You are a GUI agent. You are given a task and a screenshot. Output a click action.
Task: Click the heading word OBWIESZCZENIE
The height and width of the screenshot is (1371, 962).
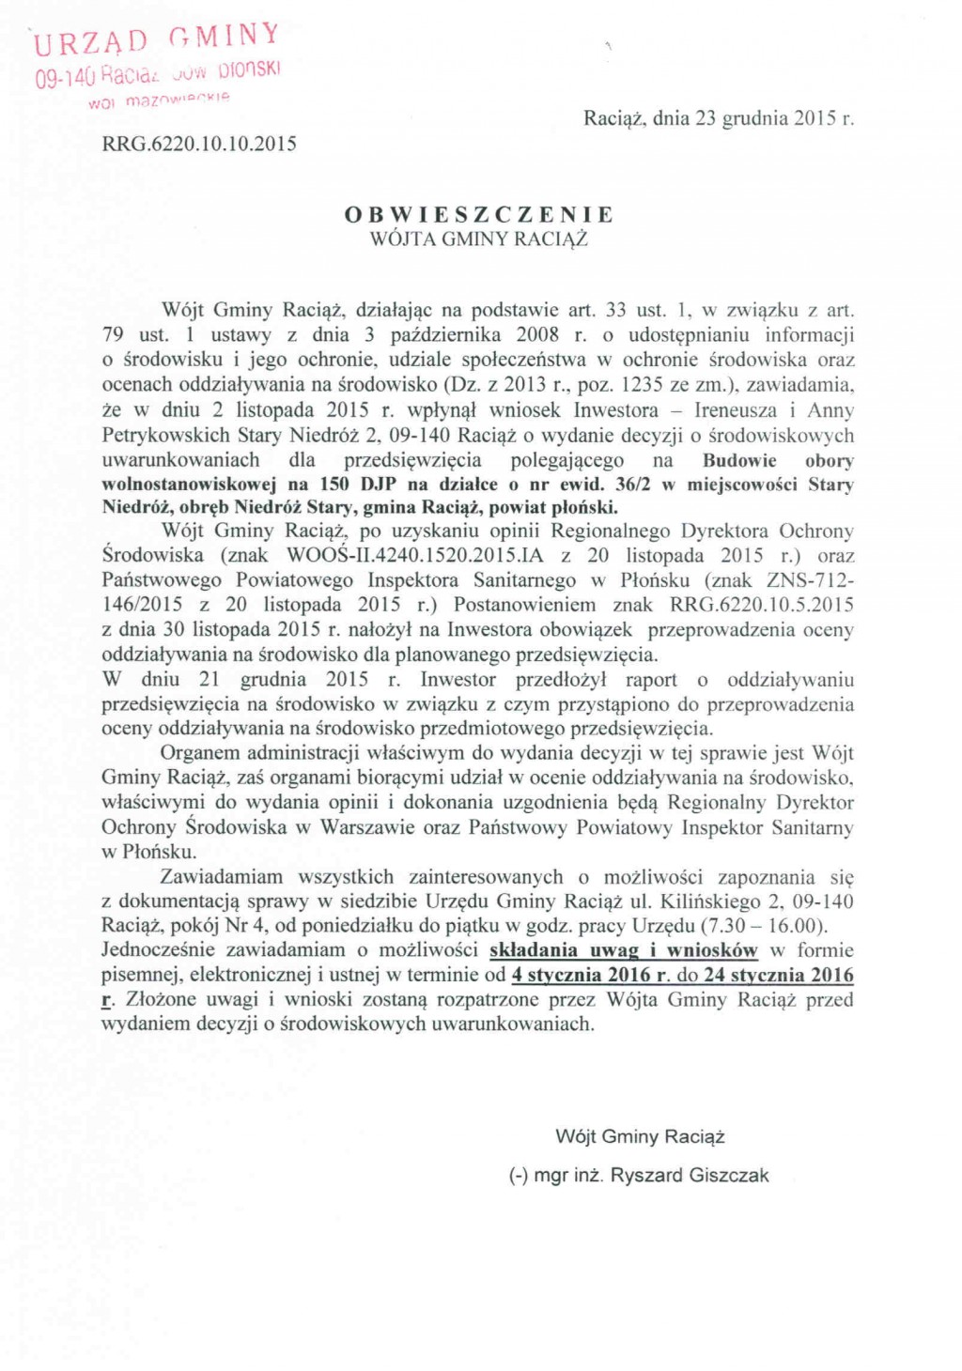(479, 214)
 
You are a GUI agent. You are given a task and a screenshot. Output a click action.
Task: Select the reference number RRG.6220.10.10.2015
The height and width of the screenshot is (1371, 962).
(199, 144)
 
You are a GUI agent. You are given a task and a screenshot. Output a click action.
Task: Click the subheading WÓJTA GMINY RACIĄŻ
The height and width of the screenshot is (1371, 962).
(479, 239)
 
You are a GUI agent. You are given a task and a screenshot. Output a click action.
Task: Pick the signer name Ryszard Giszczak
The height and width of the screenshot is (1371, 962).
(690, 1175)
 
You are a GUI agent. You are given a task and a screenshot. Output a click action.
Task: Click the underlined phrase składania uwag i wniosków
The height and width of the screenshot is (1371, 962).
(623, 949)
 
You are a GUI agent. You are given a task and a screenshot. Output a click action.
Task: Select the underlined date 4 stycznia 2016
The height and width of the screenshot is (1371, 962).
(582, 975)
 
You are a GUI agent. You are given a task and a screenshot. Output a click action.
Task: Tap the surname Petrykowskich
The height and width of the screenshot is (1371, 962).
(165, 435)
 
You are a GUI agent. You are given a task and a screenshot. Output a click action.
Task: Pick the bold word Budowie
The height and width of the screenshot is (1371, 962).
(739, 460)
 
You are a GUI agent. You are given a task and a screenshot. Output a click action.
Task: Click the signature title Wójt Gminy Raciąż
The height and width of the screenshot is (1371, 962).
(640, 1136)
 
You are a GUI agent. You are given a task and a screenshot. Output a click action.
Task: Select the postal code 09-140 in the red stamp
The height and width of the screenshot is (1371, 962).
(64, 77)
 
